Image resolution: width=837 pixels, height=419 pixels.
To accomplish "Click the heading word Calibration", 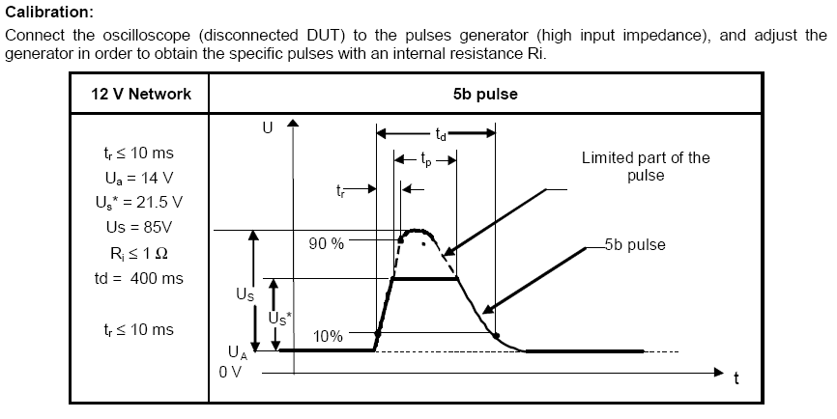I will pos(49,13).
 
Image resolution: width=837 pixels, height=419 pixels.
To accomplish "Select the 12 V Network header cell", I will pos(141,95).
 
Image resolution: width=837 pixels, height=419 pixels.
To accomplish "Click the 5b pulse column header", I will pos(483,95).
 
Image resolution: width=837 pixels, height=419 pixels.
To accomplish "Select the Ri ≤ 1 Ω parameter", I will pos(138,253).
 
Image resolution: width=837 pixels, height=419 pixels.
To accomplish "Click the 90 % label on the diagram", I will pos(326,243).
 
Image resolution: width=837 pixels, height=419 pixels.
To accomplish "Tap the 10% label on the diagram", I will pos(328,336).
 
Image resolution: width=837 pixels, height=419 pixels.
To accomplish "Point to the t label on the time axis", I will pos(736,378).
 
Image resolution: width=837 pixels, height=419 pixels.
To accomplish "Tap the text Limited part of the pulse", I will pos(645,166).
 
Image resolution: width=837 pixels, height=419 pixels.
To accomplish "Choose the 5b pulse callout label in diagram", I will pos(634,244).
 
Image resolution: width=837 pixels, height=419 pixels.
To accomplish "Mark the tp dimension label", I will pos(425,157).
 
